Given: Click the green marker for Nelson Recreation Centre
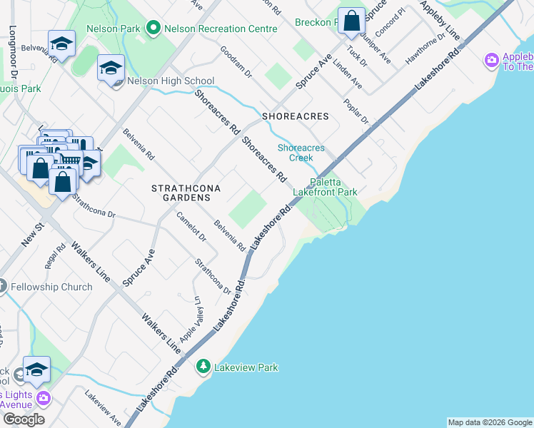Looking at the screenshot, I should tap(152, 29).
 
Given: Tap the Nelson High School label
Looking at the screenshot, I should tap(171, 81).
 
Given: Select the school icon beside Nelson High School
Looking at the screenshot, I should tap(111, 68).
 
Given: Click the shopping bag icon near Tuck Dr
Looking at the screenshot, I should tap(351, 21).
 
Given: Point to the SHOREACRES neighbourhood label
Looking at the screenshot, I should tap(295, 116).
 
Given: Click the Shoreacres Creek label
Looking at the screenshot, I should tap(301, 153).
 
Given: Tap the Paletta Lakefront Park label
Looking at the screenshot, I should tap(325, 187).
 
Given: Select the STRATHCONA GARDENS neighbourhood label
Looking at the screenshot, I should tap(185, 193).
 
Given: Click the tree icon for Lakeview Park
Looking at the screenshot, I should tap(203, 366).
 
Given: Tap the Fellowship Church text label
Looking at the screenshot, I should tap(52, 287).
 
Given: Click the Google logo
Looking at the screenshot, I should tap(23, 419).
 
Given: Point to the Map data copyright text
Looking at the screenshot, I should tap(489, 422).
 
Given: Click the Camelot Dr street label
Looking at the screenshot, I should tap(191, 227).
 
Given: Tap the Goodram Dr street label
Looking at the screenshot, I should tap(236, 62).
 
